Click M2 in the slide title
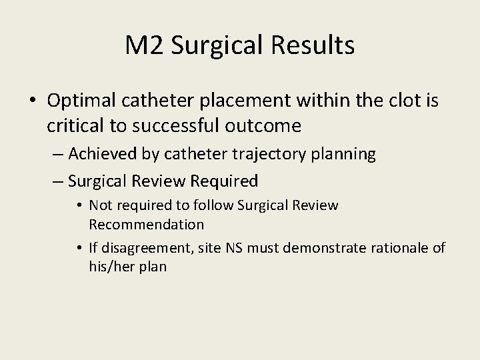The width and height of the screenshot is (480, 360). tap(145, 45)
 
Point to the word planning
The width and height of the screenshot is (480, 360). tap(343, 154)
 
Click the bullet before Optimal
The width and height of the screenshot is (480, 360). tap(33, 101)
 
